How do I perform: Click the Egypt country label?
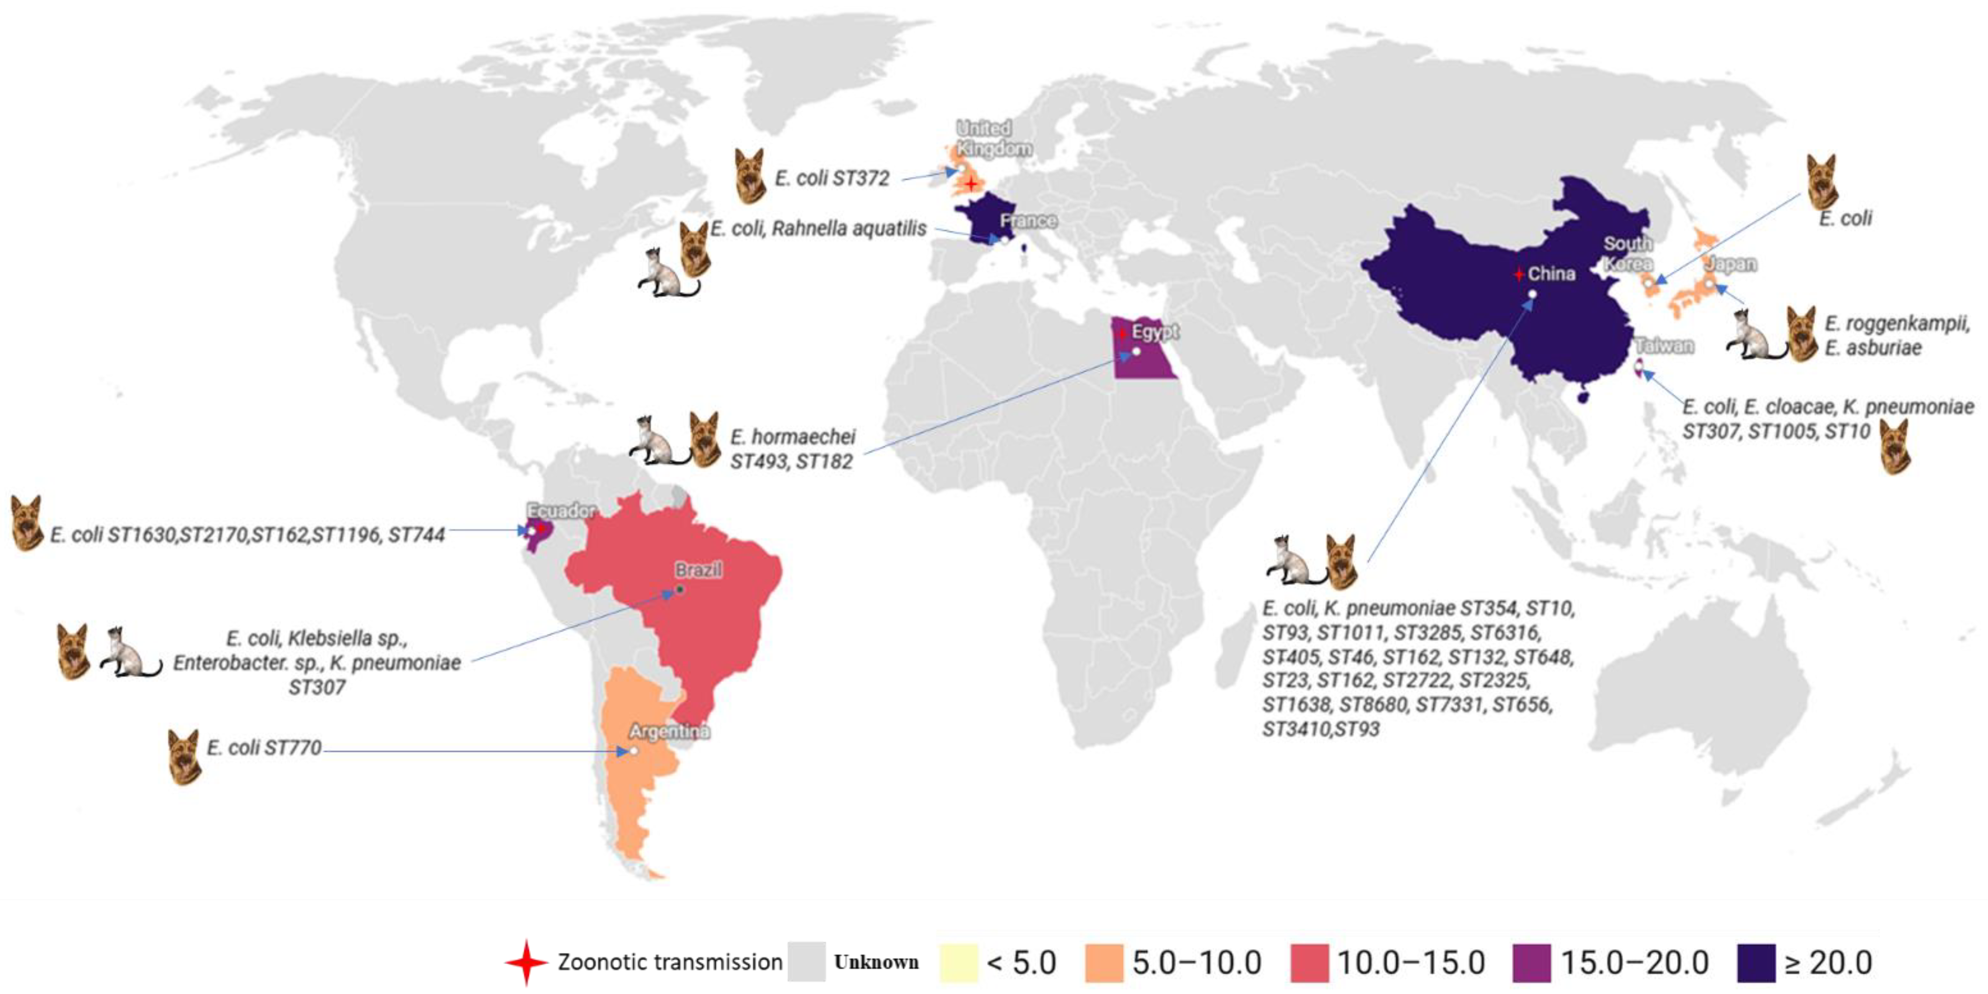(1155, 332)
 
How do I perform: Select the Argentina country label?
(669, 731)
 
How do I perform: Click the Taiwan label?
(1665, 346)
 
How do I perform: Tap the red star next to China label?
(1518, 274)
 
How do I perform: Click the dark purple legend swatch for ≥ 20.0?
(1755, 962)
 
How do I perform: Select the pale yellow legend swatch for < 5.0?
(959, 962)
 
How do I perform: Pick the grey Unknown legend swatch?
(806, 962)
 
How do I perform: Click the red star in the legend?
(526, 962)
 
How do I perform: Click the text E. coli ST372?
(832, 178)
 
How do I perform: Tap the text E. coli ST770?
(264, 748)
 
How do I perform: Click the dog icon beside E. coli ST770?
(184, 756)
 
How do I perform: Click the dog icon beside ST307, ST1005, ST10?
(1895, 446)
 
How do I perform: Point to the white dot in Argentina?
(634, 751)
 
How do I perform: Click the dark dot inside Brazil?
(680, 590)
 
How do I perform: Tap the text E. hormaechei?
(793, 437)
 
